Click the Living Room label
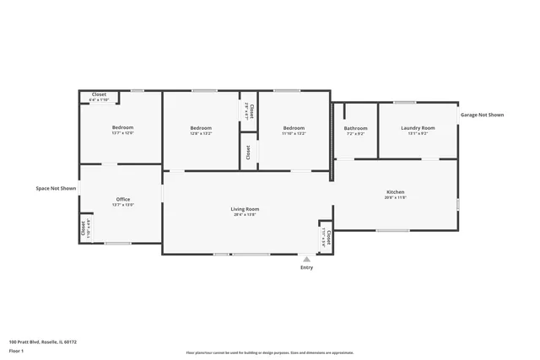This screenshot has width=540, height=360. (245, 209)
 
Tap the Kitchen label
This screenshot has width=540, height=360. (396, 192)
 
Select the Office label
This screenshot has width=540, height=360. (123, 199)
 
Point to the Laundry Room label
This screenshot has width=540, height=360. (417, 128)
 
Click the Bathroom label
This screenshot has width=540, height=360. (355, 128)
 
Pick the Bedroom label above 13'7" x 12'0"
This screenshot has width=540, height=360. (123, 128)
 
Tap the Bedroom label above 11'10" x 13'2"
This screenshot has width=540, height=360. (294, 128)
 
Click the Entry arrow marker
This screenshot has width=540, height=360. (306, 260)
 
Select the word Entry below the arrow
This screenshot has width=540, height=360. (306, 268)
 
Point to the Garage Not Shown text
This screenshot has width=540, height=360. (482, 115)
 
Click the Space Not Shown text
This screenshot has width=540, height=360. (56, 188)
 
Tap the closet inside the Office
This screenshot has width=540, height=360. (84, 228)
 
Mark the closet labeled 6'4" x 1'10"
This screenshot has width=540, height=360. (99, 96)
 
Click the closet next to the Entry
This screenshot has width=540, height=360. (326, 238)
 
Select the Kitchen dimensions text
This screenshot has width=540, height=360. (396, 198)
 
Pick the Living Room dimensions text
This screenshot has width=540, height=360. (245, 215)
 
